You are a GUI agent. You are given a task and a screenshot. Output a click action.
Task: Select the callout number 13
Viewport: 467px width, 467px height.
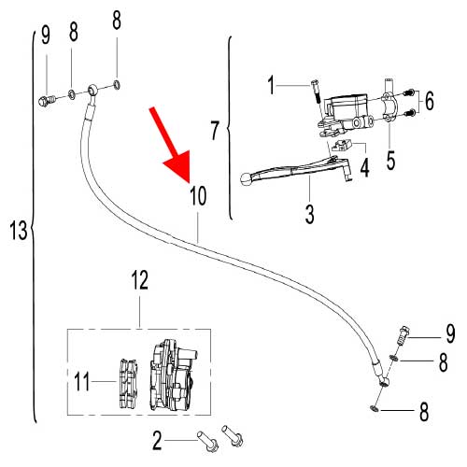tap(19, 231)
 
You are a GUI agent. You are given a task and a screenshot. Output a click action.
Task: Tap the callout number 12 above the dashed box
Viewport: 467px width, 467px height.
tap(140, 279)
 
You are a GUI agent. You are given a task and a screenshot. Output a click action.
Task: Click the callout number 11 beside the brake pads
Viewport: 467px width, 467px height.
tap(82, 381)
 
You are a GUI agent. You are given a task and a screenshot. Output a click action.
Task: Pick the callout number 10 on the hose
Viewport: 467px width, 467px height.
tap(198, 195)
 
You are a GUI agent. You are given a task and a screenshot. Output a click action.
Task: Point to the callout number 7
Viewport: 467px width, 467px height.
tap(215, 130)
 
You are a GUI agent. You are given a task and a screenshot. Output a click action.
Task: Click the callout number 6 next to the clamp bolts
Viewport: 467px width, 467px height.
tap(430, 101)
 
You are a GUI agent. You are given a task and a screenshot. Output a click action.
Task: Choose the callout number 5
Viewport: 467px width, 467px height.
tap(390, 160)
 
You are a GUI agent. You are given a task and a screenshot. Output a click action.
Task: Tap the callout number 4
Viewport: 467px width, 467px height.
tap(364, 167)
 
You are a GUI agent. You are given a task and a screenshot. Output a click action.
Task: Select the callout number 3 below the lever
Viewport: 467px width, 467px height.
tap(310, 214)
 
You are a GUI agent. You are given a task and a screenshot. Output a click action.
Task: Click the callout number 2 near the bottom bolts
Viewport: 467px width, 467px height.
tap(157, 440)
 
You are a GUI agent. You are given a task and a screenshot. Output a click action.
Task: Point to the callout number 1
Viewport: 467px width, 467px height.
tap(272, 85)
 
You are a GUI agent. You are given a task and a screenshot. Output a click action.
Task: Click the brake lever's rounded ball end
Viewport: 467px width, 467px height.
tap(246, 179)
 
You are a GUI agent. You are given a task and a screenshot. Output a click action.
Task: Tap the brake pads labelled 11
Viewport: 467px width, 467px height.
tap(129, 384)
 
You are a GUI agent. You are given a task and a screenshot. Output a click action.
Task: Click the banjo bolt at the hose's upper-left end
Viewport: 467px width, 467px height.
tap(47, 101)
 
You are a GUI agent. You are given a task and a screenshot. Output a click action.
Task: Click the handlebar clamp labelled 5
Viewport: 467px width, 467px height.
tap(389, 106)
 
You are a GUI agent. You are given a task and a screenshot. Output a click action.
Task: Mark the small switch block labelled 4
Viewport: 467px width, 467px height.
tap(342, 145)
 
